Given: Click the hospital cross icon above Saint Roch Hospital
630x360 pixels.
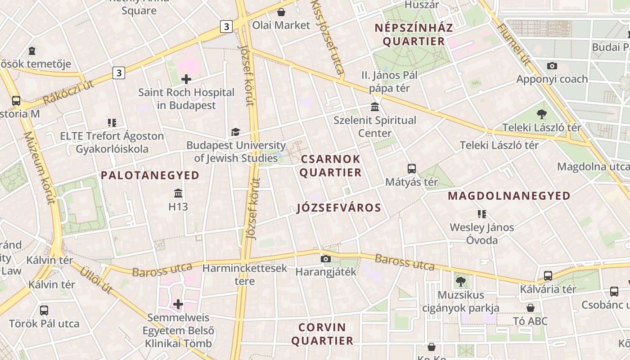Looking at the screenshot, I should pos(186,80).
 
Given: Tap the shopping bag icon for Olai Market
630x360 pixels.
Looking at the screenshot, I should pos(281,12).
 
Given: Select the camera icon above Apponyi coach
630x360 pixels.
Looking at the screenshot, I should pos(552,66).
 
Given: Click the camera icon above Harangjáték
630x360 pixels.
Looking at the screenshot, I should pos(326,259).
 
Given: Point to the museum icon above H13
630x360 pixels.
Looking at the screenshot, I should pos(178,193).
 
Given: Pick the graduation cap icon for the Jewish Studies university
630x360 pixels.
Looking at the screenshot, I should pos(235,132).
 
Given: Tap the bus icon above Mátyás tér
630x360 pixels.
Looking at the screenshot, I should pos(411,169).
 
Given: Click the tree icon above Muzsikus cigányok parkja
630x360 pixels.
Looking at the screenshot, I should pos(460,282).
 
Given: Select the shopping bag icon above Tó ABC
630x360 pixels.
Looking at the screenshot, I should pos(531,308).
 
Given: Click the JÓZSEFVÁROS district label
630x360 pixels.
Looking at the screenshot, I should pos(339,208).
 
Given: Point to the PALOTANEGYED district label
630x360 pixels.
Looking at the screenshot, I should pos(150,175).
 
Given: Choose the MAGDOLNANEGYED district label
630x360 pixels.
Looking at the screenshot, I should pos(509,196).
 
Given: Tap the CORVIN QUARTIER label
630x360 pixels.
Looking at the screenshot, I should pos(322,334).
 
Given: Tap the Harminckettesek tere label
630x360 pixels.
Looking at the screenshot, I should pos(245,274).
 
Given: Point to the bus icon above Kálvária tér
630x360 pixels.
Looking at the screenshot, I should pos(548,276).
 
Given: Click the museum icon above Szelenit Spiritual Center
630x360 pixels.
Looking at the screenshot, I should pos(374,107).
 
